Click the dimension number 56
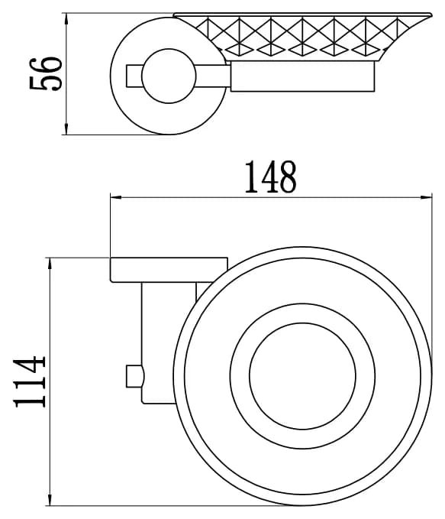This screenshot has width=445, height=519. (46, 74)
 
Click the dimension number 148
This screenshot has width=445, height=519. (270, 177)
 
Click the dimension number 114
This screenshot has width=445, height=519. (29, 381)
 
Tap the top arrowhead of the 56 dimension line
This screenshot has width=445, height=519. (66, 18)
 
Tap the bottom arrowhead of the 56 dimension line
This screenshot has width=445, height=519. (66, 129)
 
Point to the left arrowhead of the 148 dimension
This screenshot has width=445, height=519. (116, 198)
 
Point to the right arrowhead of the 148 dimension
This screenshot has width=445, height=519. (426, 198)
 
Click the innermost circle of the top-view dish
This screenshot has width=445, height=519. (302, 323)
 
